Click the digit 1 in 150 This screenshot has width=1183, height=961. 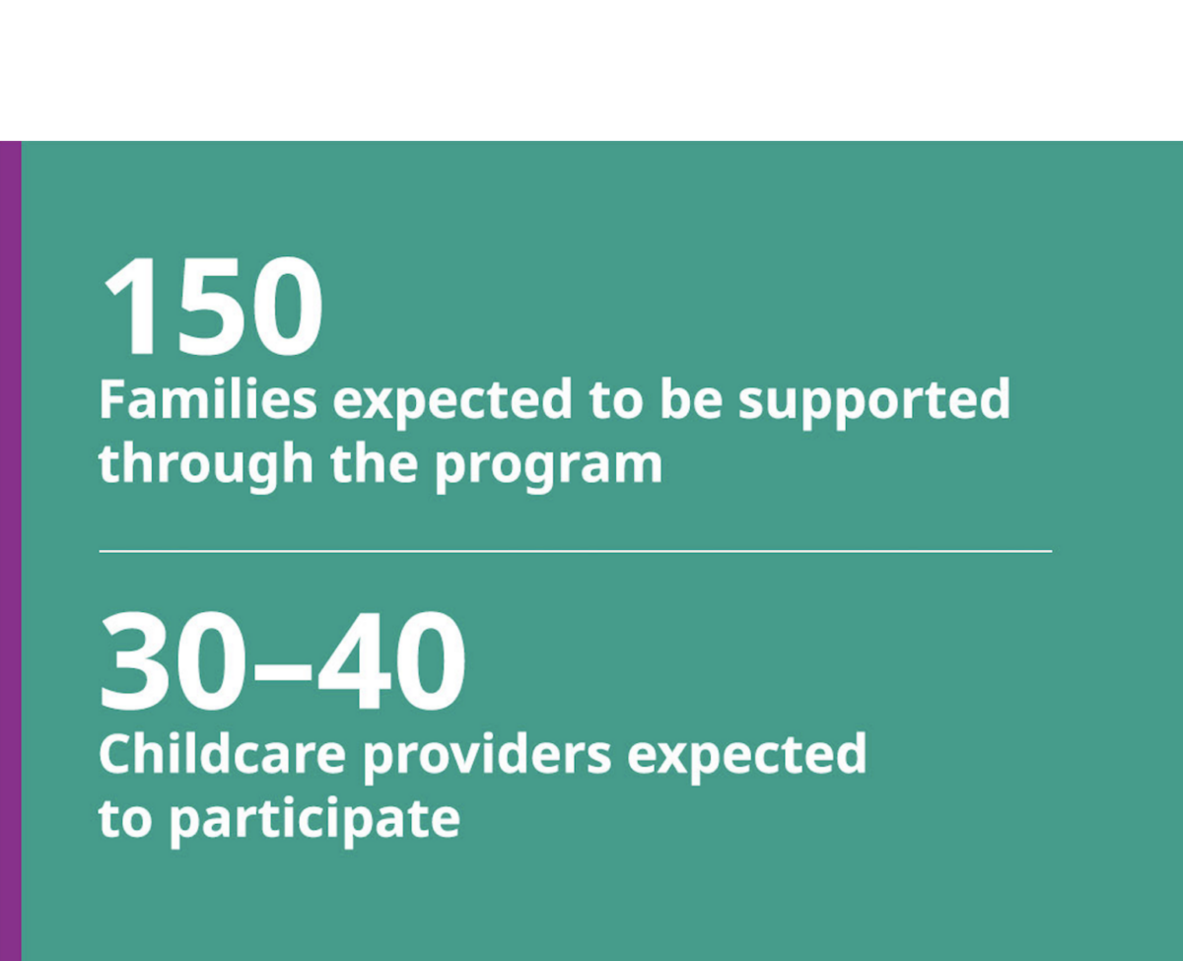click(x=130, y=306)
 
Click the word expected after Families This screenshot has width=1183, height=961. click(x=452, y=403)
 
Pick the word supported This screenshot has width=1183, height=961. click(x=874, y=403)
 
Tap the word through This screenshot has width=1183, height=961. click(x=206, y=467)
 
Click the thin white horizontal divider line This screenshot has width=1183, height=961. click(x=576, y=551)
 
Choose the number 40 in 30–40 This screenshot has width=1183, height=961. click(x=391, y=661)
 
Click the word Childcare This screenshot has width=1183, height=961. click(x=222, y=754)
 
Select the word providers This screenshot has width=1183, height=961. click(x=487, y=758)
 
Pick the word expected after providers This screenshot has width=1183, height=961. click(x=747, y=758)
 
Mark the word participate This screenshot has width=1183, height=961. click(x=314, y=823)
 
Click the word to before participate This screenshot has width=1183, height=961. click(x=125, y=819)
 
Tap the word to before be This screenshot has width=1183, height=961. click(x=616, y=401)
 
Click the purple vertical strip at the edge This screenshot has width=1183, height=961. click(x=11, y=551)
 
